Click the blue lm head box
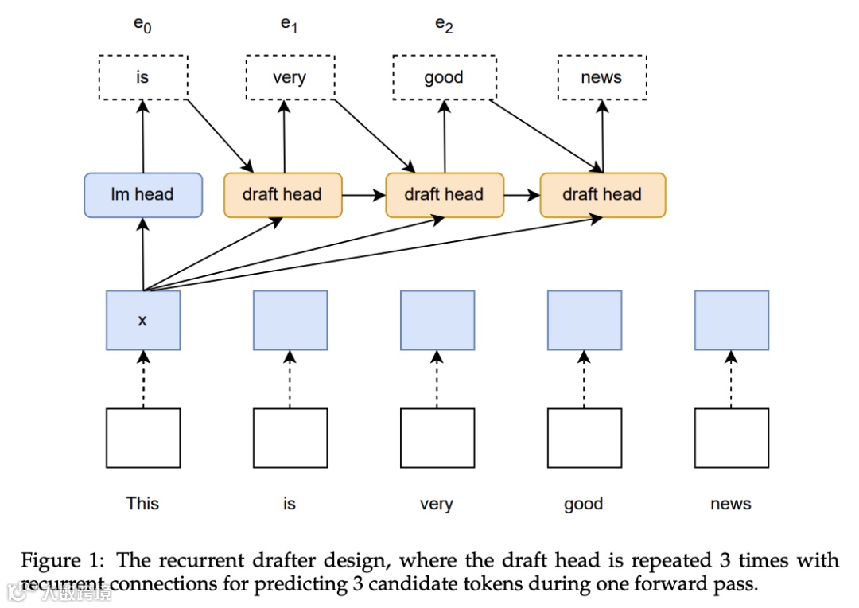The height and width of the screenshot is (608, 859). (143, 195)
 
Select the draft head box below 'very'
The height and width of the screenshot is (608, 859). (282, 195)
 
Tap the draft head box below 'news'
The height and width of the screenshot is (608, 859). (603, 195)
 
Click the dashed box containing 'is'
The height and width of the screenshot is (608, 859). (143, 77)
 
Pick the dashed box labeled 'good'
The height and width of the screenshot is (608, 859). (445, 77)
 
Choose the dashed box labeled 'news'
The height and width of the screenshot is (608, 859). (602, 77)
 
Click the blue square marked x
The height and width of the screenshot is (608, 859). (143, 320)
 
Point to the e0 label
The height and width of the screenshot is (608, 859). (142, 25)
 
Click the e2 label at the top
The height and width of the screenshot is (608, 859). (444, 25)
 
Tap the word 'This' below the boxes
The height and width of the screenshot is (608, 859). (142, 503)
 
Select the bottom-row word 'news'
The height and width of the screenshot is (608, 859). (731, 503)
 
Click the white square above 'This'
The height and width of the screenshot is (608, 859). (143, 438)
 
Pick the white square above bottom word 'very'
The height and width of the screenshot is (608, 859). (437, 438)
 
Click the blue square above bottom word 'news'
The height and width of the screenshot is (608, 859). (732, 320)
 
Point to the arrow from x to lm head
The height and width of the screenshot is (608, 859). (143, 254)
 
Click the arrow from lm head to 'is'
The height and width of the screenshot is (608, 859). (143, 137)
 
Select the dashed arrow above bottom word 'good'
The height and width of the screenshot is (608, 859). (584, 380)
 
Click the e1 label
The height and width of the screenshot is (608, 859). (289, 25)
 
